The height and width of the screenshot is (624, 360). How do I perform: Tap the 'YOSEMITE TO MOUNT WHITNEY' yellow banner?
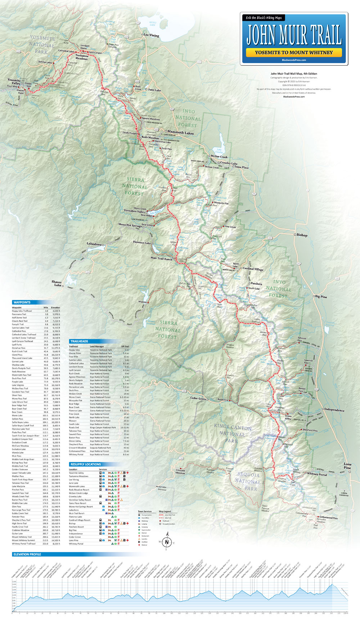click(x=294, y=53)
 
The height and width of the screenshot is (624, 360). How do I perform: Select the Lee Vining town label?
click(x=151, y=35)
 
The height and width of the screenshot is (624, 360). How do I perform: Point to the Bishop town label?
click(x=302, y=235)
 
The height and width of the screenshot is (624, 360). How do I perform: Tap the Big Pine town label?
click(x=321, y=297)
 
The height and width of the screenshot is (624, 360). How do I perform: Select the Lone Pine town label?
click(x=347, y=466)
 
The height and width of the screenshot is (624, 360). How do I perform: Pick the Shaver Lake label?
click(x=57, y=283)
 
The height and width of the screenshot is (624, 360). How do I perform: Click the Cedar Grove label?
click(x=198, y=399)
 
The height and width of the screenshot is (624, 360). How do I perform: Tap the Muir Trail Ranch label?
click(x=161, y=258)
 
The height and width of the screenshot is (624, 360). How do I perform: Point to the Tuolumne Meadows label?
click(x=82, y=57)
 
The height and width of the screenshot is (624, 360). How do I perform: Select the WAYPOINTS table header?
click(x=22, y=302)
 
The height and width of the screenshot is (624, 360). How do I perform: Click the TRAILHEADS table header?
click(x=79, y=341)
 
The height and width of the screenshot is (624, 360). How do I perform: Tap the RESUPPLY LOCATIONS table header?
click(x=85, y=464)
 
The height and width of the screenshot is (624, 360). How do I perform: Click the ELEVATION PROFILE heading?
click(x=27, y=555)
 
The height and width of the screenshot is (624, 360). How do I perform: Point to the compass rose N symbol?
click(x=167, y=542)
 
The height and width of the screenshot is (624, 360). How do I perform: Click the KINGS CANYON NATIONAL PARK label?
click(x=233, y=434)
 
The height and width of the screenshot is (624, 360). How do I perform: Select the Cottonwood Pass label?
click(x=328, y=518)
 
